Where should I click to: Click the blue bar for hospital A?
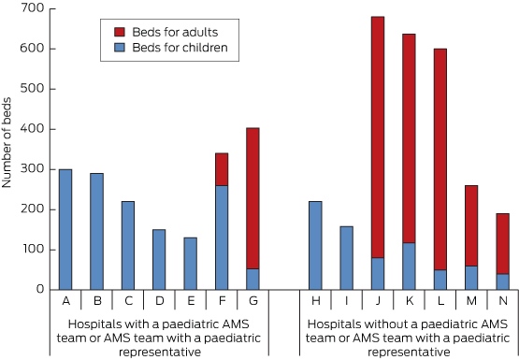[65, 230]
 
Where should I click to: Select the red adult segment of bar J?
[378, 137]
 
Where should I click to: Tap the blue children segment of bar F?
[222, 238]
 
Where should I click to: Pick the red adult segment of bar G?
[252, 198]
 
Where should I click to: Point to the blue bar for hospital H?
[315, 246]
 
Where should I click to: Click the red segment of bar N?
[502, 243]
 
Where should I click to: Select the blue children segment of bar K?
[409, 266]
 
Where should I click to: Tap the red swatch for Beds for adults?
[120, 32]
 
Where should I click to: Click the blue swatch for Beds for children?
[120, 48]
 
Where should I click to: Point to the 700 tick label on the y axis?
[32, 7]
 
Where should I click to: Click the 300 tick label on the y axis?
[32, 168]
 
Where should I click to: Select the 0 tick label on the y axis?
[40, 289]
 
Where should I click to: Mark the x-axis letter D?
[160, 301]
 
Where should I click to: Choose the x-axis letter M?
[471, 301]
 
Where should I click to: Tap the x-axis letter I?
[347, 301]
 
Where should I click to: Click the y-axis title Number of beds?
[7, 143]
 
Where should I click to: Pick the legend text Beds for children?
[180, 48]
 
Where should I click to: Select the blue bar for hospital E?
[191, 264]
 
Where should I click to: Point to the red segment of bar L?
[440, 160]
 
